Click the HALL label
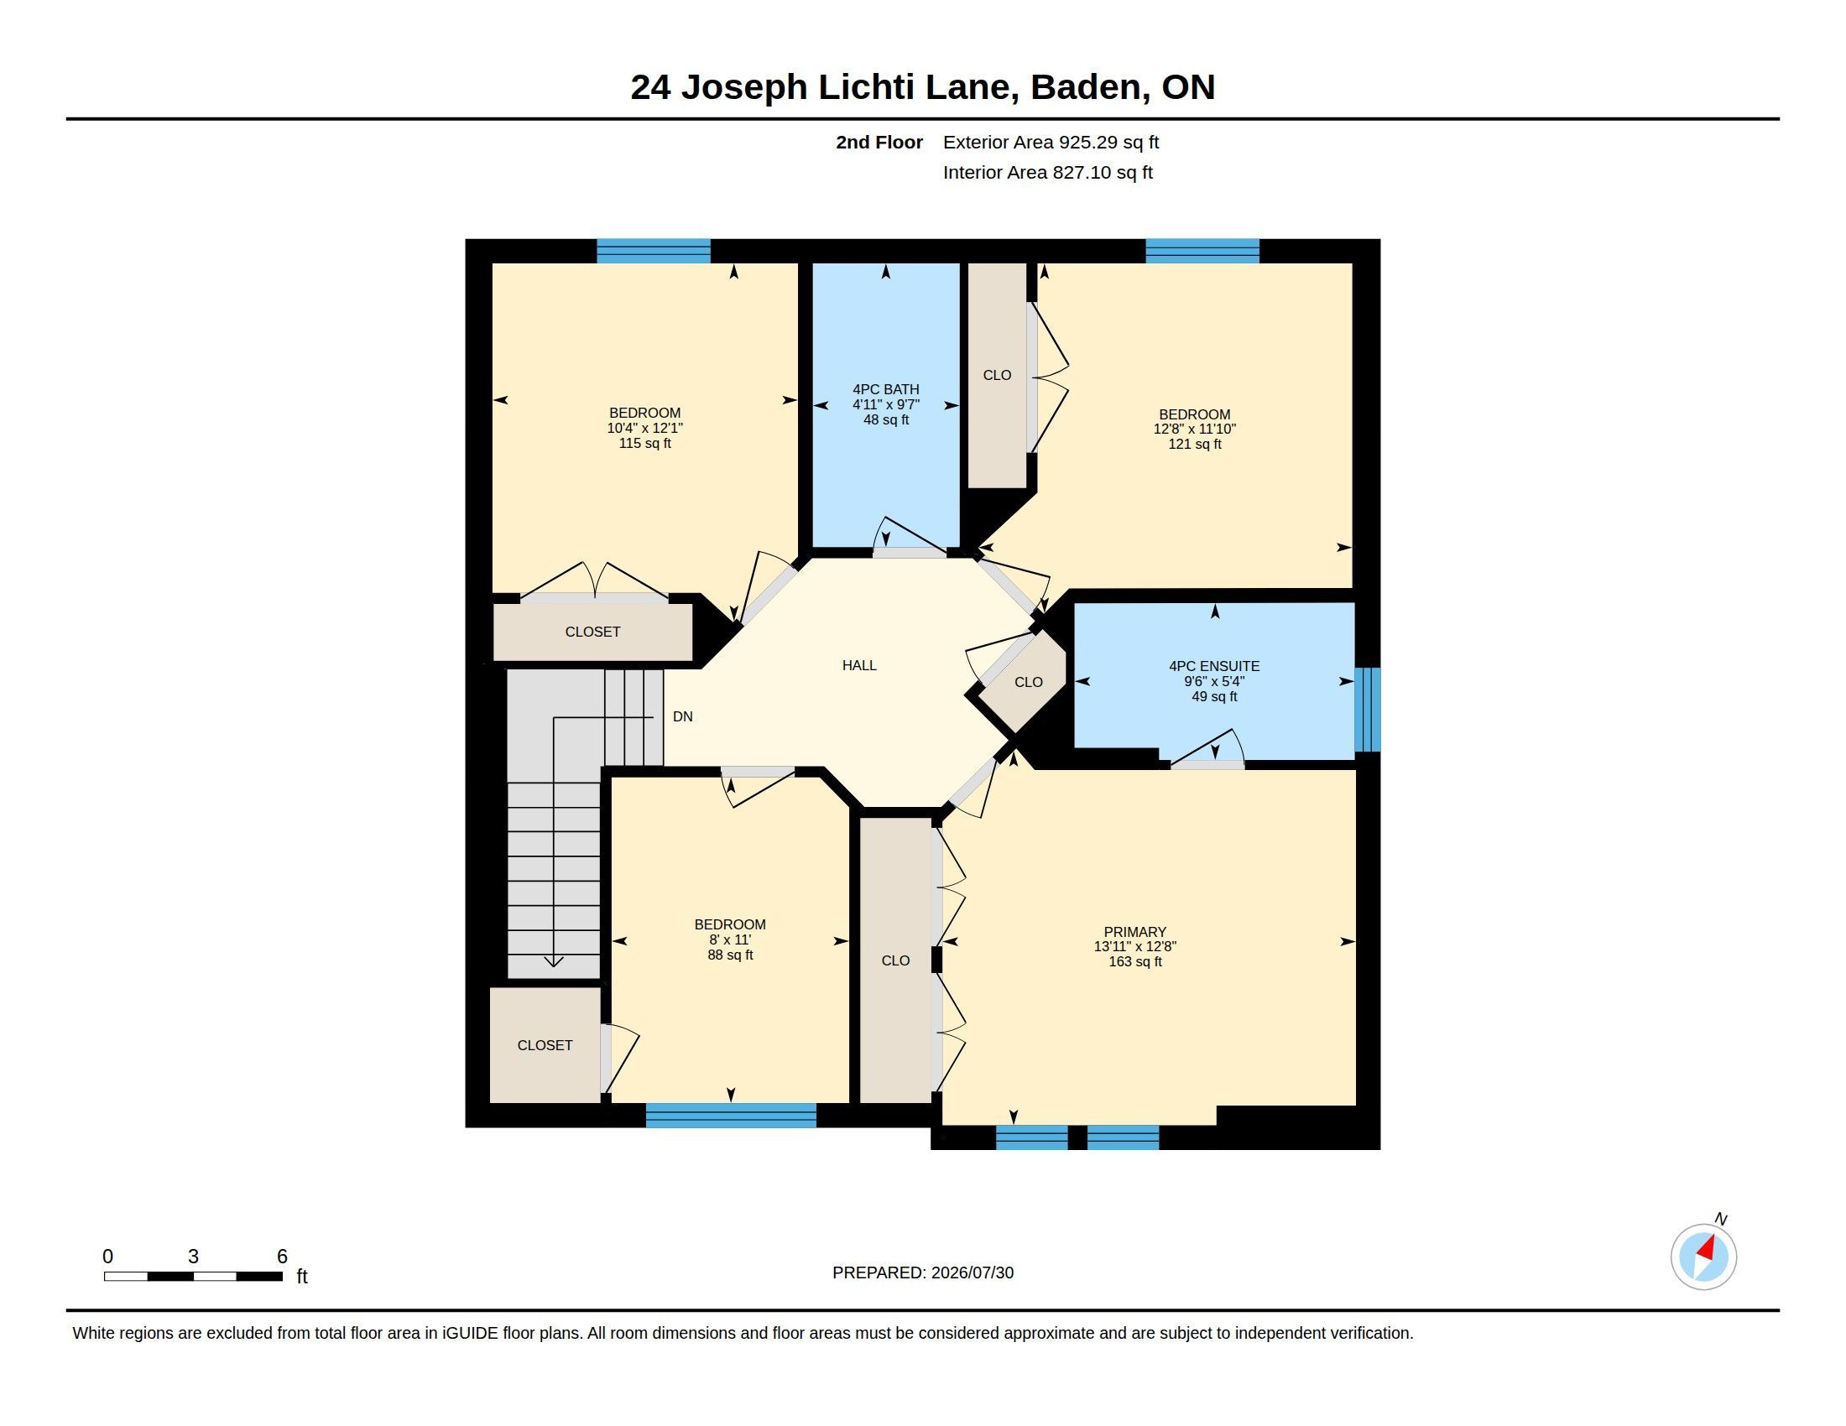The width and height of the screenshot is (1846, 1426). [x=858, y=666]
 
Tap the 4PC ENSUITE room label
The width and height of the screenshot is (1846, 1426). [x=1214, y=667]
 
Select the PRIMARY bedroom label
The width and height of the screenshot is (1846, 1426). [x=1134, y=932]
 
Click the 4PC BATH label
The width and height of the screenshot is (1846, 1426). [x=886, y=389]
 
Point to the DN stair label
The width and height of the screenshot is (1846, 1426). [x=683, y=716]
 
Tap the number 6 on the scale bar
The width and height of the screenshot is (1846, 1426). [x=282, y=1257]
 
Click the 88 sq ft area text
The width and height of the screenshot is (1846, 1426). [x=730, y=955]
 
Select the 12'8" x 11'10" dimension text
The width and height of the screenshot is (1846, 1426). [x=1194, y=429]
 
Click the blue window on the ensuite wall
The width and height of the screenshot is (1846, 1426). [x=1368, y=710]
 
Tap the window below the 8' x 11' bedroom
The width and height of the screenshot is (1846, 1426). [x=731, y=1115]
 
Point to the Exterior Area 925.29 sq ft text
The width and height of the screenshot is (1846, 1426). [x=1051, y=142]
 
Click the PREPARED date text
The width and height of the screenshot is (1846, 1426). [x=923, y=1272]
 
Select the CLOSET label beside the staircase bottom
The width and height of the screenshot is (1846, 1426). [x=545, y=1046]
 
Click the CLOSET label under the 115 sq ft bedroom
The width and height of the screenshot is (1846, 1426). [x=592, y=632]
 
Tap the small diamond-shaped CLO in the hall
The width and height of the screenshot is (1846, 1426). [x=1028, y=682]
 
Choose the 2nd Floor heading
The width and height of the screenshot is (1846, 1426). [x=879, y=142]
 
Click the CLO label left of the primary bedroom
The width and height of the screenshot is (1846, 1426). [x=895, y=960]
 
